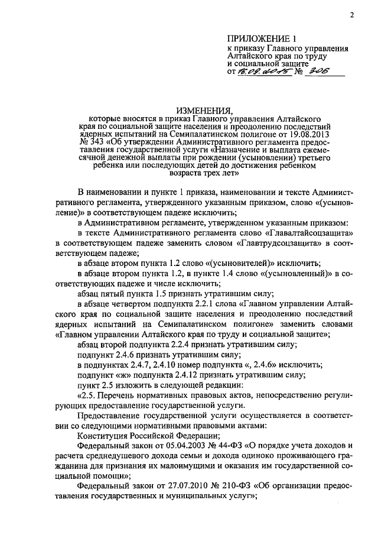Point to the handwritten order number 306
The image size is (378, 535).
point(312,72)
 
